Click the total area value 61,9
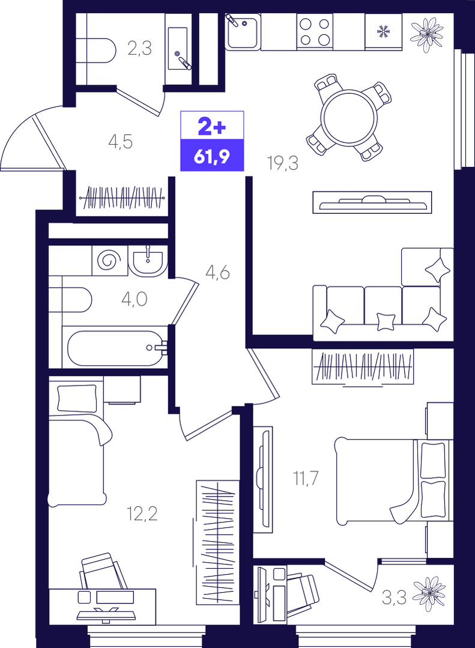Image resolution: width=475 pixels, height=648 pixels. (x=211, y=157)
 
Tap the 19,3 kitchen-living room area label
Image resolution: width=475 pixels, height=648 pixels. (x=283, y=164)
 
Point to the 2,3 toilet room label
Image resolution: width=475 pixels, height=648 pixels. (x=140, y=49)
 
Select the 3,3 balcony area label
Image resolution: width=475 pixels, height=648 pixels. (x=394, y=597)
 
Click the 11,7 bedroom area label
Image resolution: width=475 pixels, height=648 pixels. (x=306, y=479)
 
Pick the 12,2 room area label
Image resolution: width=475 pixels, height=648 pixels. (x=142, y=515)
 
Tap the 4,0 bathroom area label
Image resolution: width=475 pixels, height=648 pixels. (x=135, y=299)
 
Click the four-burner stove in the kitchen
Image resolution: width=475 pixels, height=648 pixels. (x=315, y=31)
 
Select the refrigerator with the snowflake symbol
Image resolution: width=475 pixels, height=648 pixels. (x=384, y=31)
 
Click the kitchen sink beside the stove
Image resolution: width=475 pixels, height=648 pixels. (x=243, y=31)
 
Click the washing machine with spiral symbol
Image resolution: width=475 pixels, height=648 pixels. (x=109, y=261)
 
